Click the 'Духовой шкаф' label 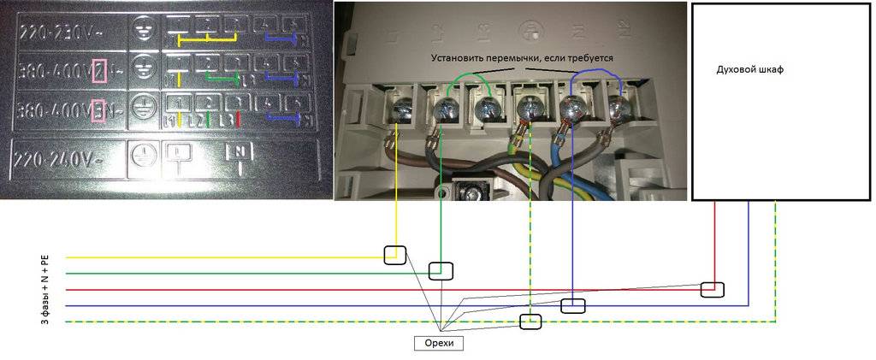[x=749, y=70]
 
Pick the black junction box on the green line [x=440, y=271]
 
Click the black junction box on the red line [x=711, y=289]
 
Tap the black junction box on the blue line [x=572, y=304]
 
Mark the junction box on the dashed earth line [x=531, y=322]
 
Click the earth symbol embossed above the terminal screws [x=533, y=32]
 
